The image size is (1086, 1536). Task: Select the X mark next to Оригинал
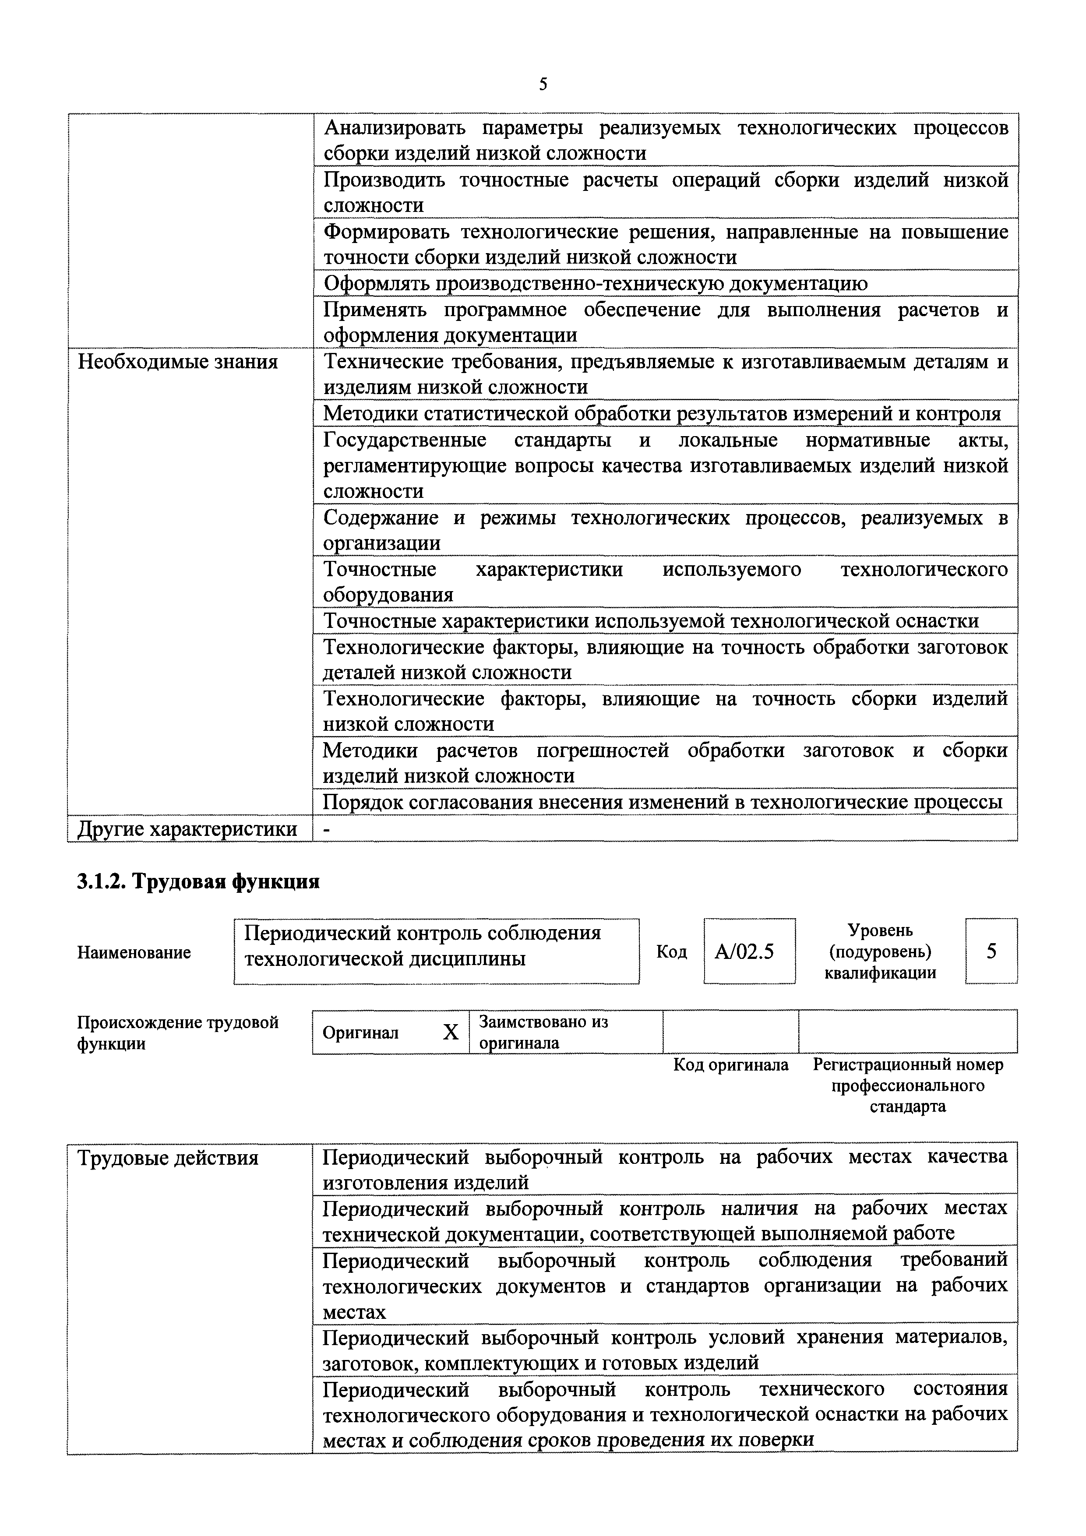(451, 1032)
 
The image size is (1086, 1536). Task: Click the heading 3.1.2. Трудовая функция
(198, 882)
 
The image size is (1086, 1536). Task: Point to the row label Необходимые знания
(178, 362)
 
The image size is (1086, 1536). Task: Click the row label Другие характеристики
(188, 829)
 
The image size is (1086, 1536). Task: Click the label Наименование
(134, 952)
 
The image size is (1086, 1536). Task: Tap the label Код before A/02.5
(671, 952)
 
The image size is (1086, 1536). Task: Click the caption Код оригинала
(731, 1064)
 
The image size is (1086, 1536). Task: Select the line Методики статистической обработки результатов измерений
(662, 413)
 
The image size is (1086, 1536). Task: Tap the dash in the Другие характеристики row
(327, 829)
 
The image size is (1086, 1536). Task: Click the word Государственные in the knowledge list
(405, 440)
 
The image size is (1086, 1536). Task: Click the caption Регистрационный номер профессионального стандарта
(907, 1085)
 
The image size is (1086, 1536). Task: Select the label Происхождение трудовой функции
(177, 1032)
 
